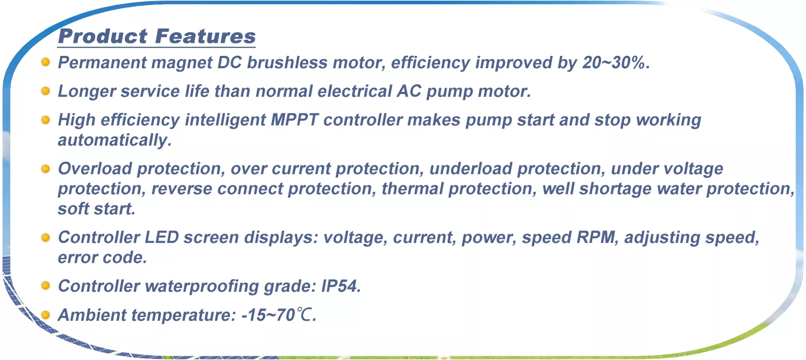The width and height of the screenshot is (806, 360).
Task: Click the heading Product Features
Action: tap(157, 37)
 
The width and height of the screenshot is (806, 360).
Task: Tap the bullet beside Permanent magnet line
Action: tap(45, 62)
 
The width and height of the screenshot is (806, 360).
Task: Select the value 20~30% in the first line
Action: tap(614, 62)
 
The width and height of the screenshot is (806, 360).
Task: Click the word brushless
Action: tap(287, 62)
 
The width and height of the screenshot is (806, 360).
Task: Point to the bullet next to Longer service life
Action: tap(45, 91)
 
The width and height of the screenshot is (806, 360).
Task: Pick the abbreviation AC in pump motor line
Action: tap(408, 91)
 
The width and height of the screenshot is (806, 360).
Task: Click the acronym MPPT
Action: tap(294, 120)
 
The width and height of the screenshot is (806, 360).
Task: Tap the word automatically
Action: tap(114, 140)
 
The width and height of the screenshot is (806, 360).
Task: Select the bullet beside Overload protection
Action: tap(45, 169)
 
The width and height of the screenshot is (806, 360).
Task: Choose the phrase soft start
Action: tap(96, 209)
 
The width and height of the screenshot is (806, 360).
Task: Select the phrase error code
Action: tap(102, 257)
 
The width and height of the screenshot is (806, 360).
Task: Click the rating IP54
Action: tap(340, 286)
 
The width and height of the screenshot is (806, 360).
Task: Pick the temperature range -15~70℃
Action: tap(278, 315)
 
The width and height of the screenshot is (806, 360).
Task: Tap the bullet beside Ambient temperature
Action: tap(45, 315)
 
